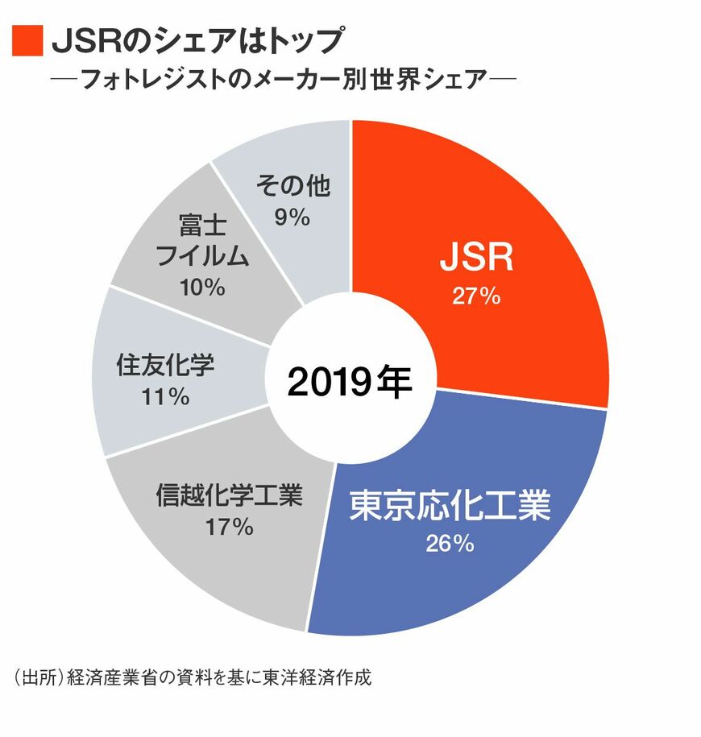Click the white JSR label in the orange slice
pyautogui.click(x=476, y=263)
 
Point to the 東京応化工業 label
pyautogui.click(x=450, y=507)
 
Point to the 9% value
pyautogui.click(x=292, y=217)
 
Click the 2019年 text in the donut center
pyautogui.click(x=350, y=383)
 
